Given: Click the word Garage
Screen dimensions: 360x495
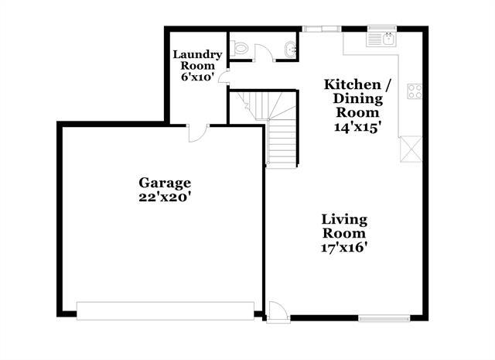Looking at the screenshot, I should coord(165,183).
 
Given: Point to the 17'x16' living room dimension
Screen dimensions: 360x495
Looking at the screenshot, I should coord(344,248).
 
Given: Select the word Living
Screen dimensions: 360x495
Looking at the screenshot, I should coord(345,220).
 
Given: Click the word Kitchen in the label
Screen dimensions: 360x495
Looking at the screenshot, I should coord(351,84).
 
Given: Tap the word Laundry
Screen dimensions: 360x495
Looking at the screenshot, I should coord(198,54).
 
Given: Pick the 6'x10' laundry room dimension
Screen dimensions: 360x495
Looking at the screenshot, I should coord(197,77).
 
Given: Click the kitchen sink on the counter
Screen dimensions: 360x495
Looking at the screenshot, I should coord(382,36).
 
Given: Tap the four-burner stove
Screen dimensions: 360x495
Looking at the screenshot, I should coord(415,91).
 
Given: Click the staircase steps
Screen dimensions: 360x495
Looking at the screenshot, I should coord(282,139).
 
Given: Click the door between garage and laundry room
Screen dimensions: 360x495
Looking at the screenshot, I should coord(196,133).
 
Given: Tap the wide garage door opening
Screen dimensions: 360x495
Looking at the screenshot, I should coord(166,310).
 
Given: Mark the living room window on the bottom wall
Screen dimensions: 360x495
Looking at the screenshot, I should coord(384,317).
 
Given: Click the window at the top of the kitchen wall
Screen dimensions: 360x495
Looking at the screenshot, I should coord(321,29).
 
